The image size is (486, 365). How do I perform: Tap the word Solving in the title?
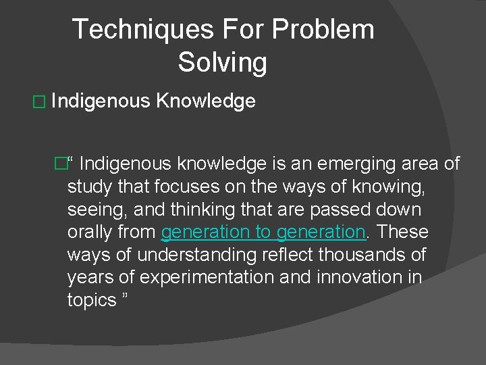tap(223, 62)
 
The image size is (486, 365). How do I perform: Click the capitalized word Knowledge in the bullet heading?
tap(206, 101)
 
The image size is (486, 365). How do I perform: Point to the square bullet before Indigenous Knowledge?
tap(38, 102)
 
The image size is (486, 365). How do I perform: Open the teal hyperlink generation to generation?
tap(263, 232)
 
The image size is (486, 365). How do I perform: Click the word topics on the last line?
tap(92, 301)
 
